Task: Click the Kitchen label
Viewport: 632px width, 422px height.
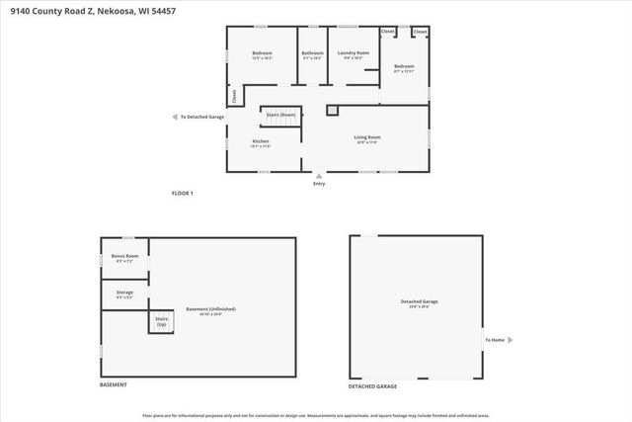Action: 261,141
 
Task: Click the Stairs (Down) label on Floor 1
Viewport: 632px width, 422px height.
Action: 280,115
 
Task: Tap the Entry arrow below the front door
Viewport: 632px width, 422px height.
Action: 318,176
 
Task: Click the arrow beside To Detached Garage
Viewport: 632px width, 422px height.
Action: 176,117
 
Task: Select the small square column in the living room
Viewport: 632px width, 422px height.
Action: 332,111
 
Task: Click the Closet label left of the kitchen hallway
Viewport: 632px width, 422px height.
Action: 234,97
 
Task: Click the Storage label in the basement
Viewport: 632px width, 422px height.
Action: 124,293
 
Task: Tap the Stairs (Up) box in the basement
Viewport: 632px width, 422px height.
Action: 161,321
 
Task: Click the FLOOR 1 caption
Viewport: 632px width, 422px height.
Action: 183,194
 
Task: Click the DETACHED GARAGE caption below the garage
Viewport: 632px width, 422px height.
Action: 372,384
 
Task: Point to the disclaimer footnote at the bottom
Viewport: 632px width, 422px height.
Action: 316,415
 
